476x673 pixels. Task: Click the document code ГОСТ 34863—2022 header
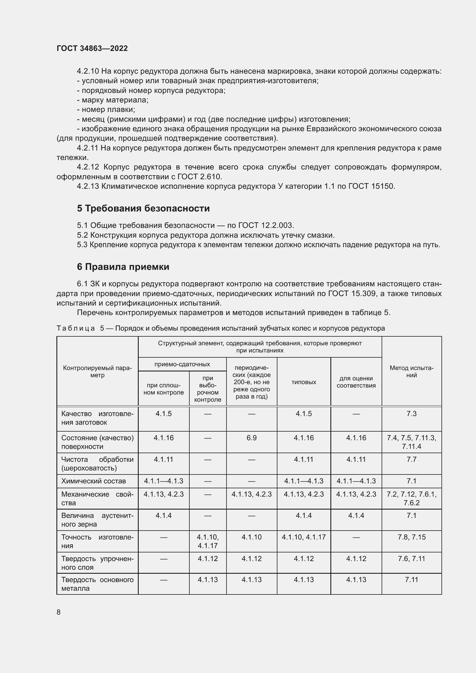click(x=92, y=48)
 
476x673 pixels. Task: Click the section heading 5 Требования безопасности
click(x=143, y=208)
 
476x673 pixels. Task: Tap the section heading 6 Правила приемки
click(x=123, y=267)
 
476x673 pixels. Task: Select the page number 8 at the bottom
click(x=59, y=612)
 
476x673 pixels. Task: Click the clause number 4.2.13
click(x=88, y=186)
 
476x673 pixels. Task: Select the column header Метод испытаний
click(x=411, y=372)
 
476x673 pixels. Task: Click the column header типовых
click(x=304, y=382)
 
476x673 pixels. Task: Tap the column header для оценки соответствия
click(x=356, y=382)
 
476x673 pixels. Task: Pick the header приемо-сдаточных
click(x=182, y=364)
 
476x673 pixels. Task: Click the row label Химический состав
click(x=94, y=481)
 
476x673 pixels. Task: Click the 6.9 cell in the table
click(x=252, y=438)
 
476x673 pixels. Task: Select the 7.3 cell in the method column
click(x=411, y=414)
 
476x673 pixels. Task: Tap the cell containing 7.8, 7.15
click(x=411, y=537)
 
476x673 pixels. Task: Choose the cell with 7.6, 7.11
click(x=411, y=559)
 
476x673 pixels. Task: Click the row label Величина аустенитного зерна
click(x=97, y=520)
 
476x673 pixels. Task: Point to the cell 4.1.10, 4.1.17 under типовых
click(x=304, y=537)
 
